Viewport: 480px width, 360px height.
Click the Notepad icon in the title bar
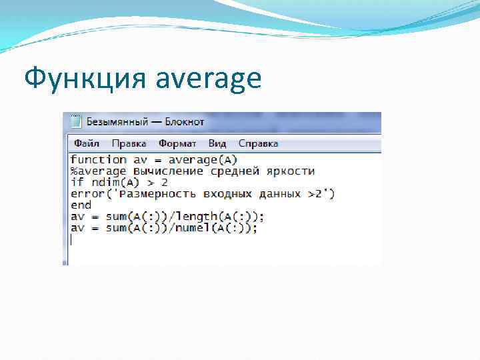(75, 122)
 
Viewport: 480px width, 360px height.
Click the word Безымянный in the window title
(117, 122)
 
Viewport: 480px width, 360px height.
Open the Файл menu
(87, 143)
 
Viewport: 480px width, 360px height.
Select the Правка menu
(129, 143)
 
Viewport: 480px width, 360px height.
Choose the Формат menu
(177, 143)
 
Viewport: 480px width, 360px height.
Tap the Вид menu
(217, 143)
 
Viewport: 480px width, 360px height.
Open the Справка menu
(258, 143)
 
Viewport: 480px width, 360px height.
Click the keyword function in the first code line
(98, 159)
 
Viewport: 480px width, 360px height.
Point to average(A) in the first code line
(203, 159)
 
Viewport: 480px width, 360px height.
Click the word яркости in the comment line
(291, 171)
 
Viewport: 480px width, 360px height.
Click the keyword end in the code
(81, 205)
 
